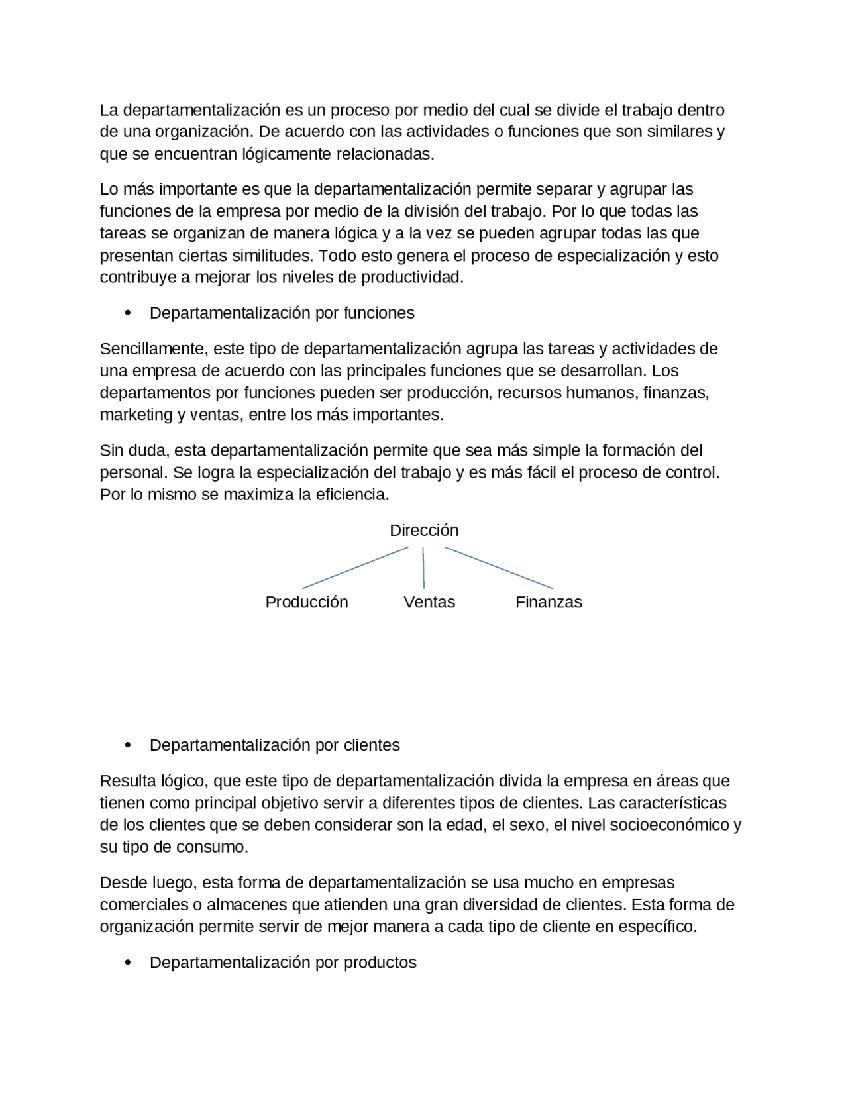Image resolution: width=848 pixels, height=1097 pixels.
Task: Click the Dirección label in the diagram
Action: [424, 531]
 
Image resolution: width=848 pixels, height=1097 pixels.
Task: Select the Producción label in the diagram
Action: [307, 602]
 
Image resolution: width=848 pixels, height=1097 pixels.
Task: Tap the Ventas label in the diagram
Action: [429, 602]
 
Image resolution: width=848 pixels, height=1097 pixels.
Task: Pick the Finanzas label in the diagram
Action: [549, 602]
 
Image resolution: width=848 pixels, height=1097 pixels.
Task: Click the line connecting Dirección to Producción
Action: [355, 568]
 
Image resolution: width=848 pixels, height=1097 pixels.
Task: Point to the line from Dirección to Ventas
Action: [423, 568]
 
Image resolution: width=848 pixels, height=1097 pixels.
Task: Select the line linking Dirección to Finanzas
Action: [498, 568]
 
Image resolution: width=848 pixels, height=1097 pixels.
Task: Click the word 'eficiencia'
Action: [352, 495]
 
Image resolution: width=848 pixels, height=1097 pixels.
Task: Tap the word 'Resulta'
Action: [128, 781]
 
